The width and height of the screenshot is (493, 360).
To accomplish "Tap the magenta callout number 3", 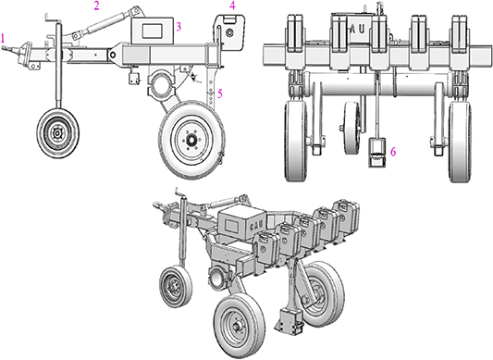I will click(x=179, y=27).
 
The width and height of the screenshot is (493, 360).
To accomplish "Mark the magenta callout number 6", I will click(x=392, y=151).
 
